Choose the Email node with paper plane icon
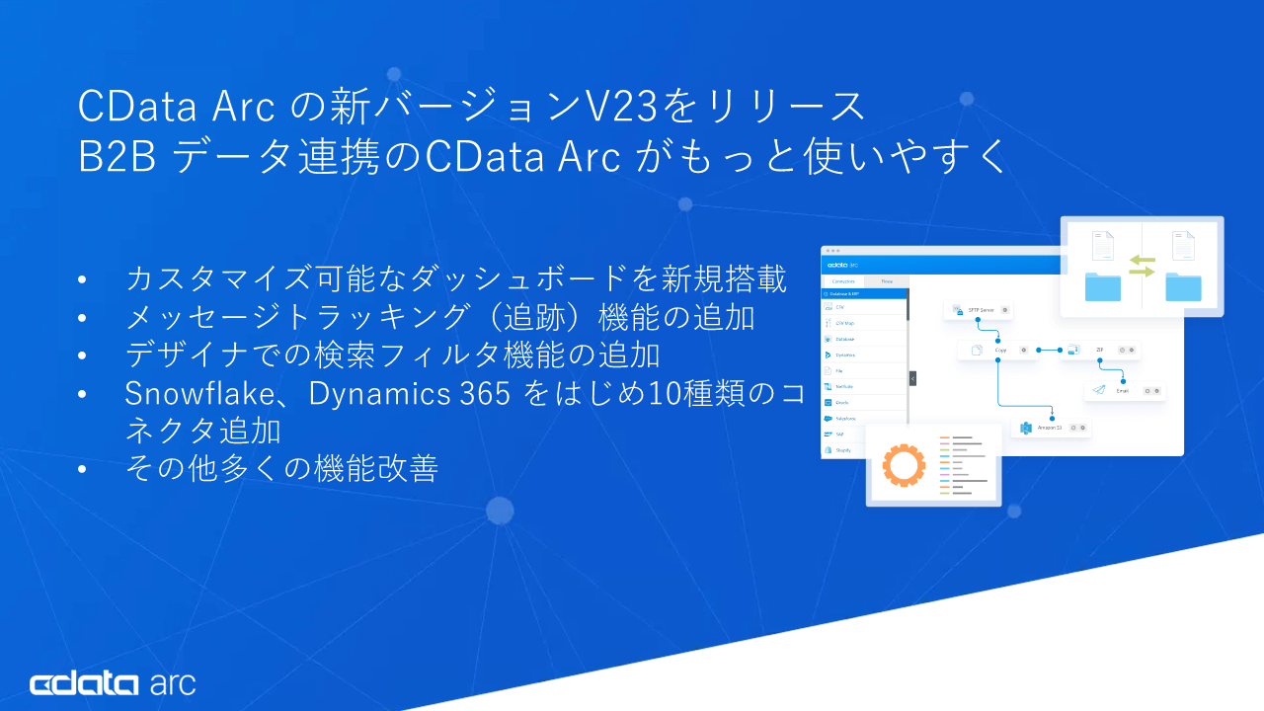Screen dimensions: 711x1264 tap(1123, 390)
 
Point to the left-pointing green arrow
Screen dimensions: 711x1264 tap(1142, 260)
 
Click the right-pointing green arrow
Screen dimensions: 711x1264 tap(1142, 272)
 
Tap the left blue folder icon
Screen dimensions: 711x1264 tap(1103, 286)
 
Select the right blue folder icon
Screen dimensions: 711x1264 tap(1183, 286)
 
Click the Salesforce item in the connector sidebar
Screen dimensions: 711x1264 tap(845, 418)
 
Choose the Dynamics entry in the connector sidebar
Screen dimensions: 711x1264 tap(845, 355)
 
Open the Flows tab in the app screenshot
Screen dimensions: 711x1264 tap(887, 281)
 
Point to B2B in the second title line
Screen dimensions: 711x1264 tap(118, 157)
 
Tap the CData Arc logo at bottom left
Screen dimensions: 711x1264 tap(113, 683)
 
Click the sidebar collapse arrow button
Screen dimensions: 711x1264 tap(912, 378)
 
